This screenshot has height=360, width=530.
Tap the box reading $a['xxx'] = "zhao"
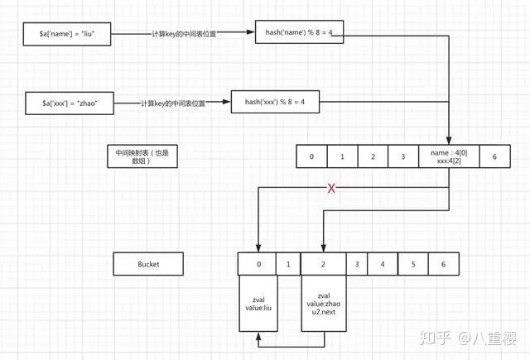coord(70,103)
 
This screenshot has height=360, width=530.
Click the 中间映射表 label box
coord(142,156)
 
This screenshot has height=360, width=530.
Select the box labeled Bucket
coord(148,264)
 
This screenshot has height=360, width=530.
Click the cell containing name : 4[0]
coord(448,156)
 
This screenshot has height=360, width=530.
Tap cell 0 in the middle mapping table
coord(311,156)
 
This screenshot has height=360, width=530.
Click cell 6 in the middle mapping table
coord(494,156)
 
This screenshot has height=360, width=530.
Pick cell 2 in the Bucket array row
coord(322,264)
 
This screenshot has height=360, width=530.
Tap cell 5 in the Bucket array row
coord(412,264)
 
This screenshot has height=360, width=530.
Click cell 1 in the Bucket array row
coord(287,264)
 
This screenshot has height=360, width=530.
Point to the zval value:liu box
coord(258,303)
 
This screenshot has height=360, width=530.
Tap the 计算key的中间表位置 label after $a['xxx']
coord(172,103)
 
